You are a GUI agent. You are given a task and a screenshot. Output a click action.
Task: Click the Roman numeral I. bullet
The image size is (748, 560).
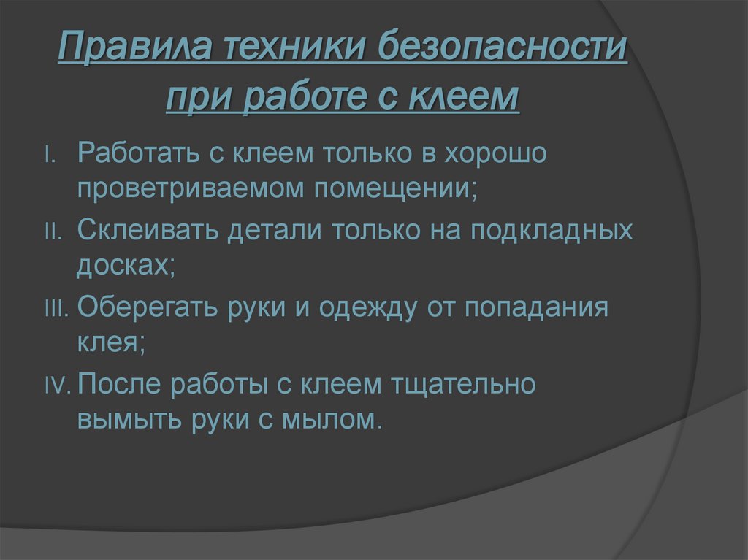(x=50, y=156)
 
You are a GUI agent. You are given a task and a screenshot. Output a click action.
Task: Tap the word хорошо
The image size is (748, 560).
(x=486, y=154)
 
